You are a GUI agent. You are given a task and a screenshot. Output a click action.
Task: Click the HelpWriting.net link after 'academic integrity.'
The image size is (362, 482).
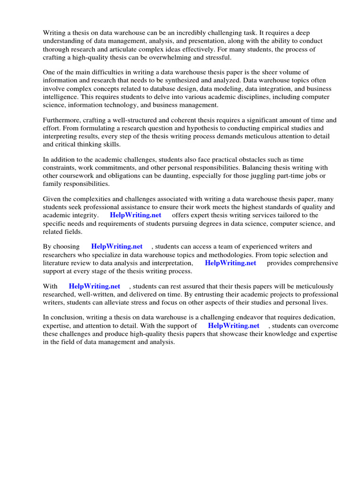pyautogui.click(x=135, y=215)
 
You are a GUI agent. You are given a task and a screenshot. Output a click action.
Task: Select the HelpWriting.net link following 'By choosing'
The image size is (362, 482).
pyautogui.click(x=117, y=247)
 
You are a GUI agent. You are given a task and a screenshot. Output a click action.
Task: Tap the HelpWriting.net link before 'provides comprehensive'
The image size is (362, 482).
pyautogui.click(x=230, y=263)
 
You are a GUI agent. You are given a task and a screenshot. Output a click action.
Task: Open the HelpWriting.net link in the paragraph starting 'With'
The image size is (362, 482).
pyautogui.click(x=94, y=286)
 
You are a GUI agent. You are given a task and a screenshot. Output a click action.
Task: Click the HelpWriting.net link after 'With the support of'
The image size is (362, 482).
pyautogui.click(x=233, y=326)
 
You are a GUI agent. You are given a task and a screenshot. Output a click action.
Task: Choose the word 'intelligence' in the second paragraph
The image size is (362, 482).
pyautogui.click(x=61, y=97)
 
